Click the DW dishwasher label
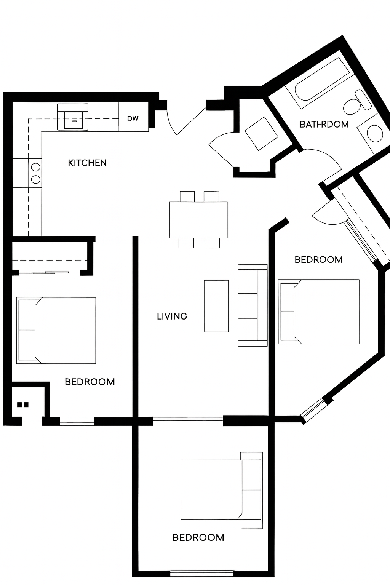(x=133, y=119)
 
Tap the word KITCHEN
(x=87, y=163)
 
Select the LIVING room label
(x=172, y=316)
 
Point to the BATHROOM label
(x=324, y=124)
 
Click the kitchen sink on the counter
(x=73, y=117)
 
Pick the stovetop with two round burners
(x=35, y=173)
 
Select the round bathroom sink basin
(x=375, y=133)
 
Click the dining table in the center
(x=198, y=220)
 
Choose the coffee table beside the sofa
(x=216, y=306)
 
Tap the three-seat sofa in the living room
(x=253, y=305)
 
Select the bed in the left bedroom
(x=56, y=330)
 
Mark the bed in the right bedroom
(x=319, y=312)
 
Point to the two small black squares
(x=23, y=405)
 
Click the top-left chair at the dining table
(x=187, y=197)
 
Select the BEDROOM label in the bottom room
(x=198, y=537)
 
